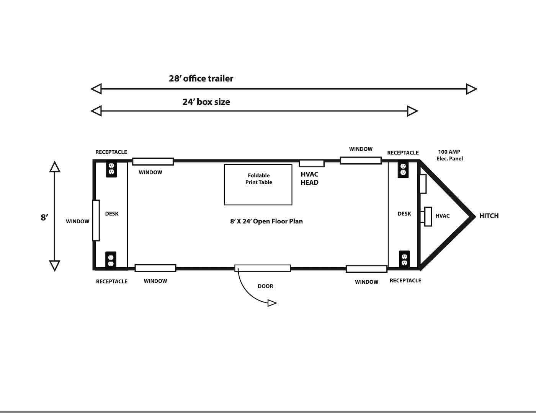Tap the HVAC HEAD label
(x=310, y=178)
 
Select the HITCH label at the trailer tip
(x=489, y=216)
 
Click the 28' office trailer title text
(x=201, y=78)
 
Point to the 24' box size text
(x=206, y=102)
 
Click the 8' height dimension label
(x=44, y=218)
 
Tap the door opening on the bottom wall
(x=263, y=268)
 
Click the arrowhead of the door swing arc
(x=272, y=303)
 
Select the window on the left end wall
(x=96, y=220)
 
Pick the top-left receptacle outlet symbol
(x=111, y=169)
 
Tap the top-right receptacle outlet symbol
(x=403, y=169)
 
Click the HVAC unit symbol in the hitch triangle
(x=428, y=216)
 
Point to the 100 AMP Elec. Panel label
(x=449, y=155)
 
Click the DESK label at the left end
(x=112, y=213)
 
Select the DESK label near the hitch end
(x=404, y=213)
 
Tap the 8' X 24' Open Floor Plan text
(x=266, y=221)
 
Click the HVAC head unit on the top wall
(x=312, y=163)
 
